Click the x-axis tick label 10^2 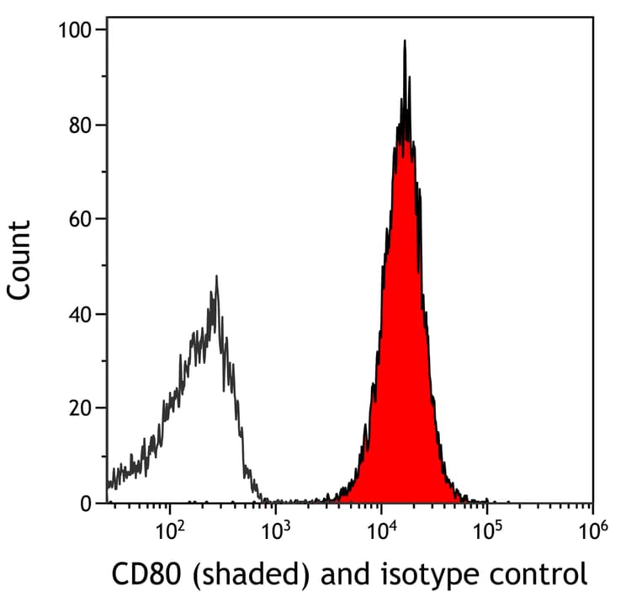[170, 531]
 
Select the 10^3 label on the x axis [275, 531]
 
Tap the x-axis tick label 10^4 [381, 531]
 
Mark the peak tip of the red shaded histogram [405, 40]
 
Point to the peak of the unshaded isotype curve [216, 276]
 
